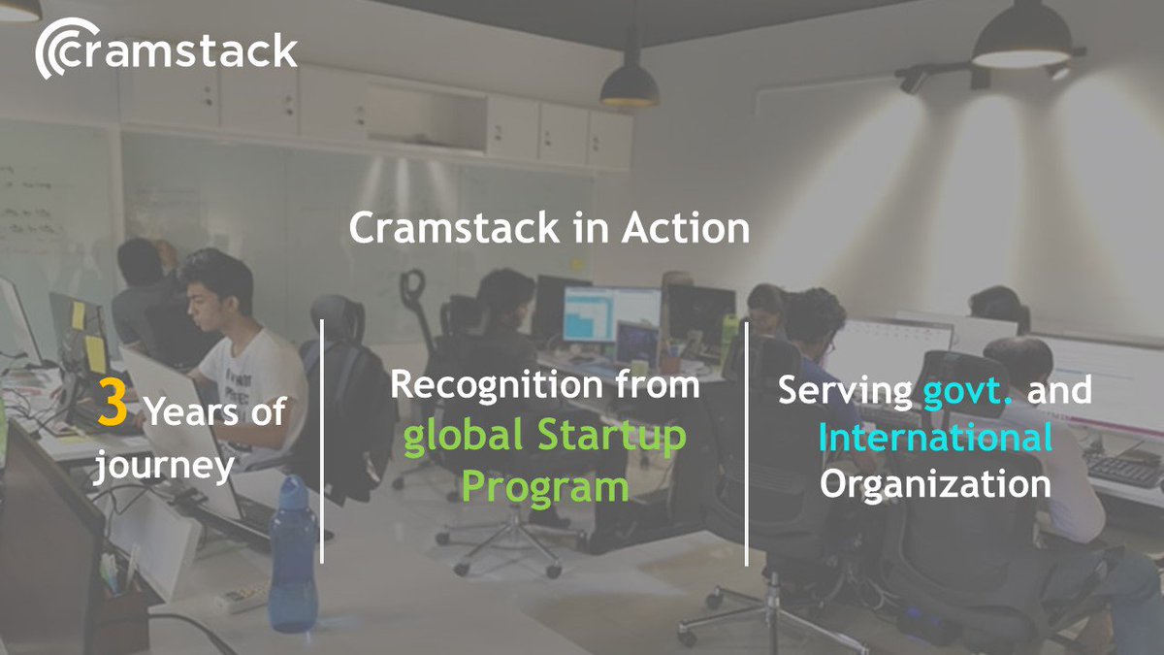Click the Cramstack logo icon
[x=60, y=51]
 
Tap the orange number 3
[x=113, y=407]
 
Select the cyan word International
[x=935, y=438]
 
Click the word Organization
[x=935, y=483]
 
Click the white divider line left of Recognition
[x=322, y=442]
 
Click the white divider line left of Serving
[x=746, y=442]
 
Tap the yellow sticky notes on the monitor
[x=87, y=335]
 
